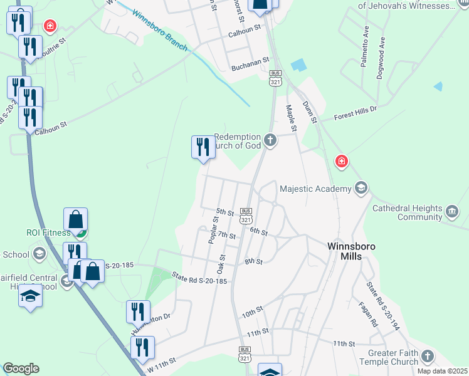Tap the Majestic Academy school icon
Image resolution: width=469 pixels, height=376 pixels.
coord(361,188)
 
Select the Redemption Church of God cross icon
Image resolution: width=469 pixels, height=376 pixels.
coord(270,140)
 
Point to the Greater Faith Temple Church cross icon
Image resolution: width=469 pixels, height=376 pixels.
coord(428,357)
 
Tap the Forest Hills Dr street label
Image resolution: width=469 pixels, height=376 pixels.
coord(355,112)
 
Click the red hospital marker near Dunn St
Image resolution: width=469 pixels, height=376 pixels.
coord(341,162)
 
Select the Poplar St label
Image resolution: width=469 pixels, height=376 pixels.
coord(213,229)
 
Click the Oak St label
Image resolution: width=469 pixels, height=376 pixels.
coord(221,263)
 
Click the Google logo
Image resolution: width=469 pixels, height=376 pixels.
coord(21,368)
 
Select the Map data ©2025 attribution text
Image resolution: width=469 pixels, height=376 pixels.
coord(441,371)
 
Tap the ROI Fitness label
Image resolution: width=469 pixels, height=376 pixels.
coord(48,232)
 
